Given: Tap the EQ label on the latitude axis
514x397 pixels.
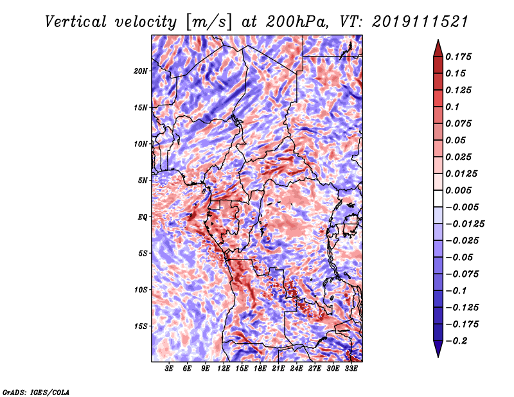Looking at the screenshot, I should click(x=143, y=217).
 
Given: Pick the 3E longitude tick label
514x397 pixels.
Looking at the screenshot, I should click(x=170, y=369).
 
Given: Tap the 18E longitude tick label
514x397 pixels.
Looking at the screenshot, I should click(x=260, y=369).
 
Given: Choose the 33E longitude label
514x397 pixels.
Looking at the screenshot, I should click(x=351, y=369).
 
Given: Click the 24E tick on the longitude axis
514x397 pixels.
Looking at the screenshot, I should click(x=297, y=369).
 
